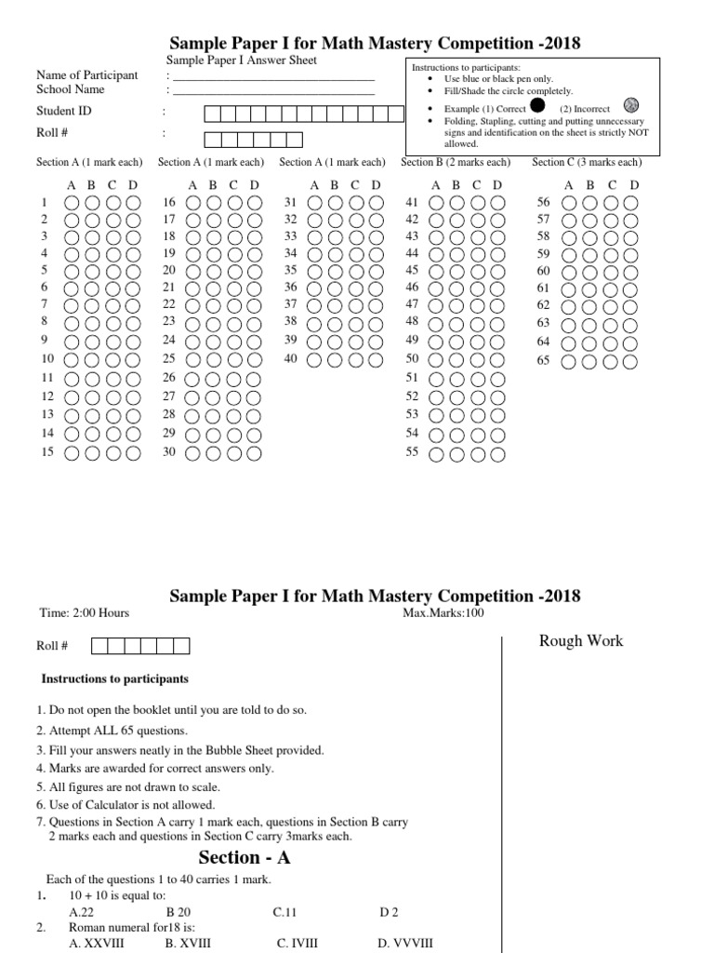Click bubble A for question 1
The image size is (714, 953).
(71, 203)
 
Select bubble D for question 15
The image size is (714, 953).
(133, 454)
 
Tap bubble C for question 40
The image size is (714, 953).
(354, 360)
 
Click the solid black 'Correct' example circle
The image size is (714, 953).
(536, 106)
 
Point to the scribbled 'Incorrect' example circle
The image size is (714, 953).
(631, 105)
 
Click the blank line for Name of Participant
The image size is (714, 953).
(274, 77)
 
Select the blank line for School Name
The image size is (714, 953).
(274, 92)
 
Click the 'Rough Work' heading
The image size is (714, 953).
(581, 640)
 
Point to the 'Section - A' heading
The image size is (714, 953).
(245, 857)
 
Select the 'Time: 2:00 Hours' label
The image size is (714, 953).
(84, 612)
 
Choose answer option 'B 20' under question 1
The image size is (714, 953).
(178, 913)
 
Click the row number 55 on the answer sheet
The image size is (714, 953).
(413, 452)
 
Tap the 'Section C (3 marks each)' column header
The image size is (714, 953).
(586, 162)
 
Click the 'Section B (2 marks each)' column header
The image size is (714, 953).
(455, 162)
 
